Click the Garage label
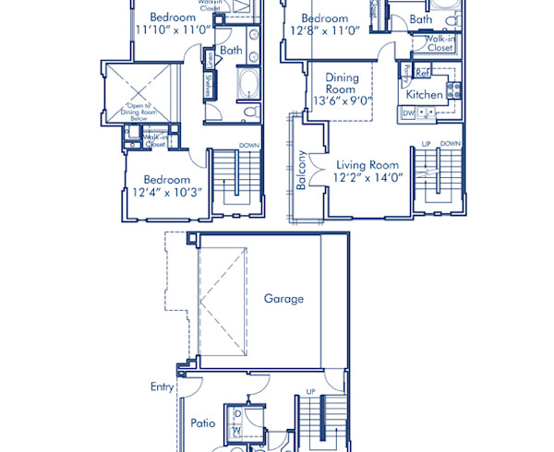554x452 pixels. pos(283,299)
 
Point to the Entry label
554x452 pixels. pos(162,387)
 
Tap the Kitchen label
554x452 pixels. pos(424,94)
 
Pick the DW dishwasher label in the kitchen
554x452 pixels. pos(408,113)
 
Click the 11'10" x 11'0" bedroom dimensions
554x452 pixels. pos(174,30)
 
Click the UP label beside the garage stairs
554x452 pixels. pos(309,391)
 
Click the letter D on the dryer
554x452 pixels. pos(237,415)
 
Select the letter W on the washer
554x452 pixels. pos(237,430)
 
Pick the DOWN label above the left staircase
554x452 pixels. pos(248,145)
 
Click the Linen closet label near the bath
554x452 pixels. pos(211,61)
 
